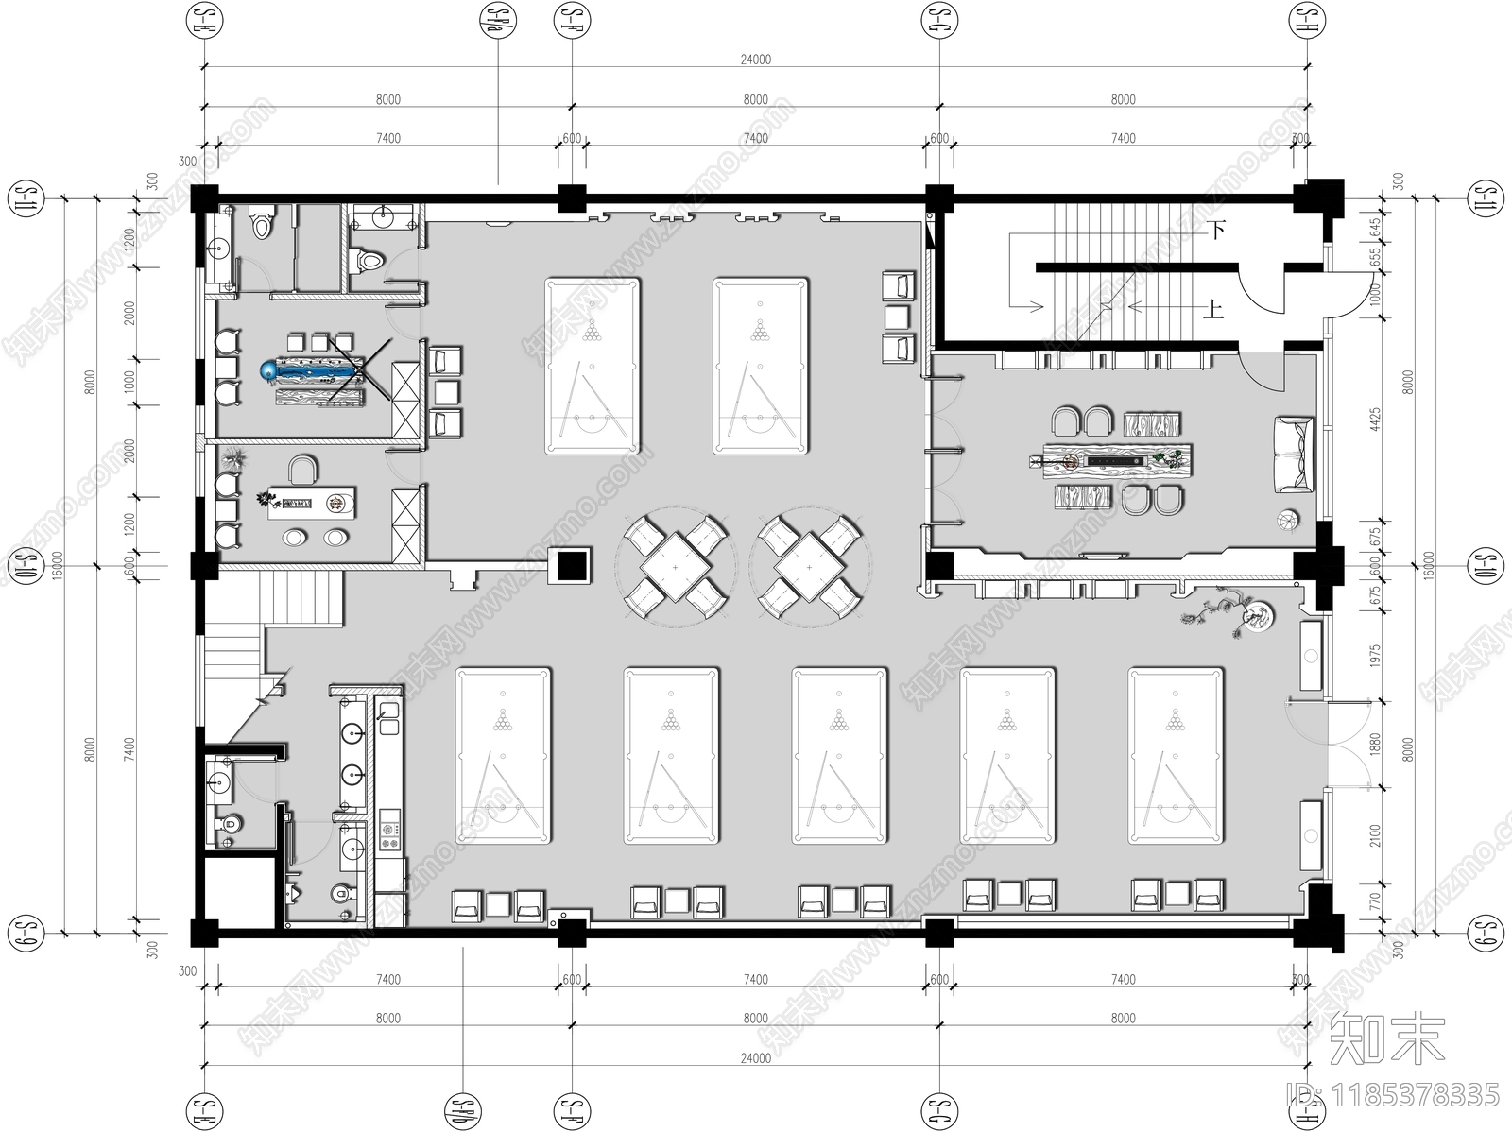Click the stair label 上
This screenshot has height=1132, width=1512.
coord(1214,309)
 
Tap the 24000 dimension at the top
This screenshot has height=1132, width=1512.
coord(755,60)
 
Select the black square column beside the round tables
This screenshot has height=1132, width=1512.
coord(572,566)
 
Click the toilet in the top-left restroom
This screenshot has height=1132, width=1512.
coord(260,224)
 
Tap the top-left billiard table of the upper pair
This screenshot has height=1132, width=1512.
coord(593,365)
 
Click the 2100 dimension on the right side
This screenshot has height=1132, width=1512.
coord(1376,835)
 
